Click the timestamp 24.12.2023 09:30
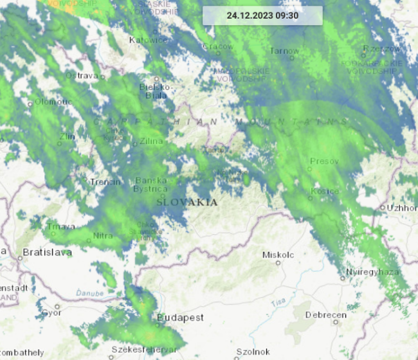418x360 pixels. click(262, 15)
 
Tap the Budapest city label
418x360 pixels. click(180, 318)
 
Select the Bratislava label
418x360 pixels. click(47, 253)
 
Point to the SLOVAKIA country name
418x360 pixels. click(186, 202)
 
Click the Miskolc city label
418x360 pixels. click(278, 255)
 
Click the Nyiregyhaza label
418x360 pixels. click(372, 272)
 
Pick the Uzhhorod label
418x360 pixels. click(402, 208)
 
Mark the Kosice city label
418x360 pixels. click(325, 192)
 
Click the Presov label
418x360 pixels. click(323, 161)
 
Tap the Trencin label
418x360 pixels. click(105, 182)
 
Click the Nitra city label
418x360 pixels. click(104, 236)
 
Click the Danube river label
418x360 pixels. click(89, 293)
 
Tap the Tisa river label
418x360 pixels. click(278, 301)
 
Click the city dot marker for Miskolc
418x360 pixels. click(278, 262)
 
